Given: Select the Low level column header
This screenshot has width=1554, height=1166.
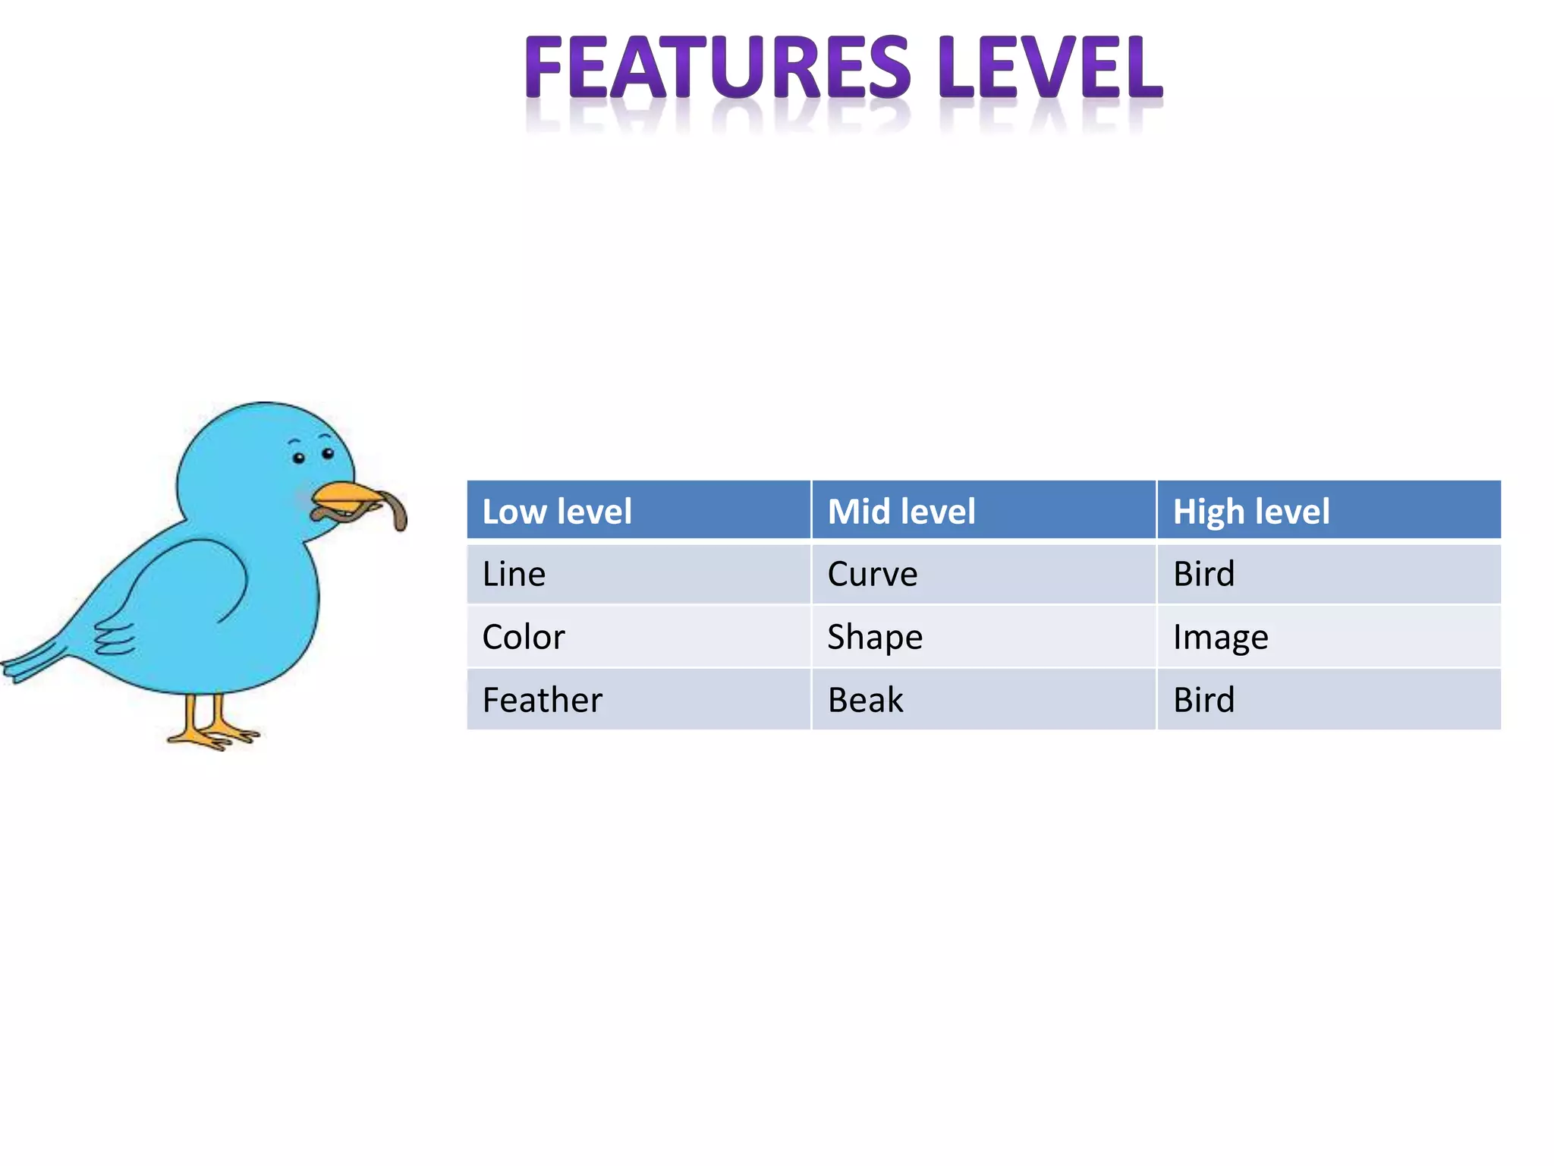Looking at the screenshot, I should [x=557, y=511].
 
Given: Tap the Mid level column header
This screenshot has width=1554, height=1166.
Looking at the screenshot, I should [x=901, y=511].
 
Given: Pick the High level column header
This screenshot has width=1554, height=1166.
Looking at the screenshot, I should [x=1250, y=511].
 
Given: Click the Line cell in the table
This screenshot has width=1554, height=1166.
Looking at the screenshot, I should [x=514, y=574].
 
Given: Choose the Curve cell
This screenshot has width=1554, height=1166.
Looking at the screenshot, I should [x=872, y=574].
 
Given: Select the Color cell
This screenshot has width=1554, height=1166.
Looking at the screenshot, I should [x=524, y=637].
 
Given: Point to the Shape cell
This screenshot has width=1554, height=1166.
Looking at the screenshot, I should [x=874, y=637].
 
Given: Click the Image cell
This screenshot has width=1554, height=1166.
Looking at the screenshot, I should [x=1220, y=637].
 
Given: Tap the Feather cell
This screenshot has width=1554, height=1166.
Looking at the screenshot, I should [x=542, y=700].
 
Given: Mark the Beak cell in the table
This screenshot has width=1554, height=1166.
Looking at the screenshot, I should [x=865, y=700].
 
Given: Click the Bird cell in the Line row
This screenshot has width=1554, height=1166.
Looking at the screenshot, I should [x=1203, y=574].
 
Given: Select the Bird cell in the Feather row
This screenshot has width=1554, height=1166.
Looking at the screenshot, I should [x=1203, y=700].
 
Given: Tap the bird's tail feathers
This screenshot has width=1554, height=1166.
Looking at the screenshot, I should [x=34, y=661].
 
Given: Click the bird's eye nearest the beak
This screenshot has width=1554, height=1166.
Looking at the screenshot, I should [x=328, y=453].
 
